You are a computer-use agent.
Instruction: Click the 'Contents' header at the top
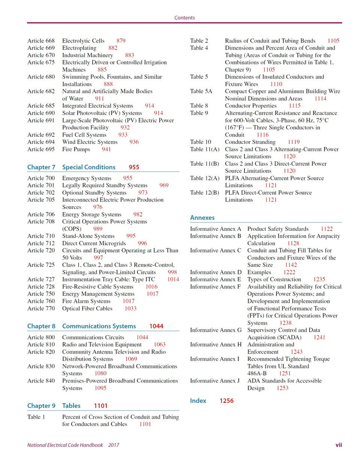(184, 18)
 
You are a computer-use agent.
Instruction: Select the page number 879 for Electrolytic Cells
(121, 40)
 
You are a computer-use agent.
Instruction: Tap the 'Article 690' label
(41, 113)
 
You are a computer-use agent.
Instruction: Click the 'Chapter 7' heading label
(41, 167)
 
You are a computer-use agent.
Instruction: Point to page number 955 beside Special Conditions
(134, 167)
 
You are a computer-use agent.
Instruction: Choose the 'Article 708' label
(41, 222)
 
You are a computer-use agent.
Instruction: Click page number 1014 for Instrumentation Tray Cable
(173, 279)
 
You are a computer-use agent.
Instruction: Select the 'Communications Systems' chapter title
(99, 326)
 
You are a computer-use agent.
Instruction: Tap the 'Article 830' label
(41, 366)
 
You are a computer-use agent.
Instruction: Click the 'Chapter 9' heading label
(41, 406)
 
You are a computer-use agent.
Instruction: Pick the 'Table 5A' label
(201, 91)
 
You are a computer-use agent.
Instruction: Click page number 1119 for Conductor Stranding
(294, 142)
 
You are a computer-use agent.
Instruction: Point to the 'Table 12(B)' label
(204, 193)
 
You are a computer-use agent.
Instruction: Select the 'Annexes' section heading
(202, 218)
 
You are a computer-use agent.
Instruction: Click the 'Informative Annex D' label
(216, 272)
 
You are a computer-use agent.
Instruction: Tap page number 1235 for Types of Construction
(319, 279)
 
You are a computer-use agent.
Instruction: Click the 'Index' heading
(198, 401)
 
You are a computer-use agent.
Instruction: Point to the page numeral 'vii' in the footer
(339, 445)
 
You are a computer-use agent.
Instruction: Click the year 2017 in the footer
(114, 445)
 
